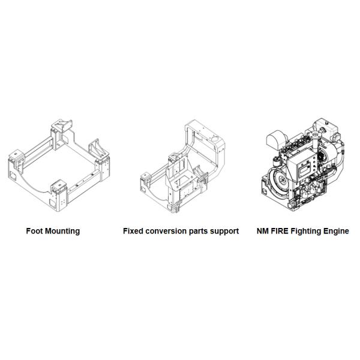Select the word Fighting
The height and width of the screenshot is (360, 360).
click(x=310, y=231)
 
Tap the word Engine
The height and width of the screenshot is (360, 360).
click(x=337, y=231)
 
